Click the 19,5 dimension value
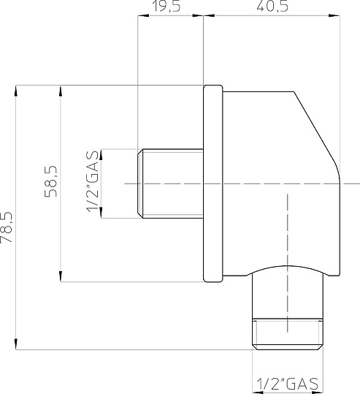[x=166, y=6]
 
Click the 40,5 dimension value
[x=272, y=6]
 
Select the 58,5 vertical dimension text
[x=51, y=181]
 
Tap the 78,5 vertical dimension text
[x=7, y=227]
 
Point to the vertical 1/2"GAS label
[x=92, y=181]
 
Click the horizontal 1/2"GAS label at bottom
[x=288, y=384]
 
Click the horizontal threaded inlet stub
[x=170, y=183]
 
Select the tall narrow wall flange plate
[x=213, y=183]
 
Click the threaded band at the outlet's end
[x=288, y=334]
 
